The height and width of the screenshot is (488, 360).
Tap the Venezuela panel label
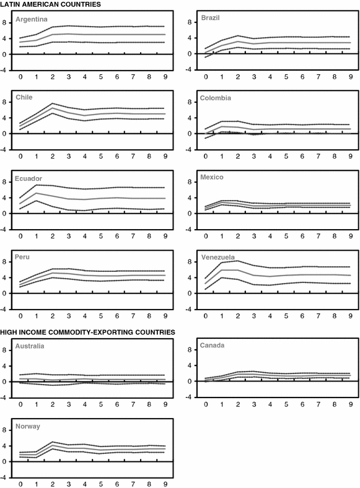pos(218,257)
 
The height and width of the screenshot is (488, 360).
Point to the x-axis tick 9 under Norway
pos(165,484)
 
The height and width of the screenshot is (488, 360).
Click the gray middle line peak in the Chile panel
pos(53,108)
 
